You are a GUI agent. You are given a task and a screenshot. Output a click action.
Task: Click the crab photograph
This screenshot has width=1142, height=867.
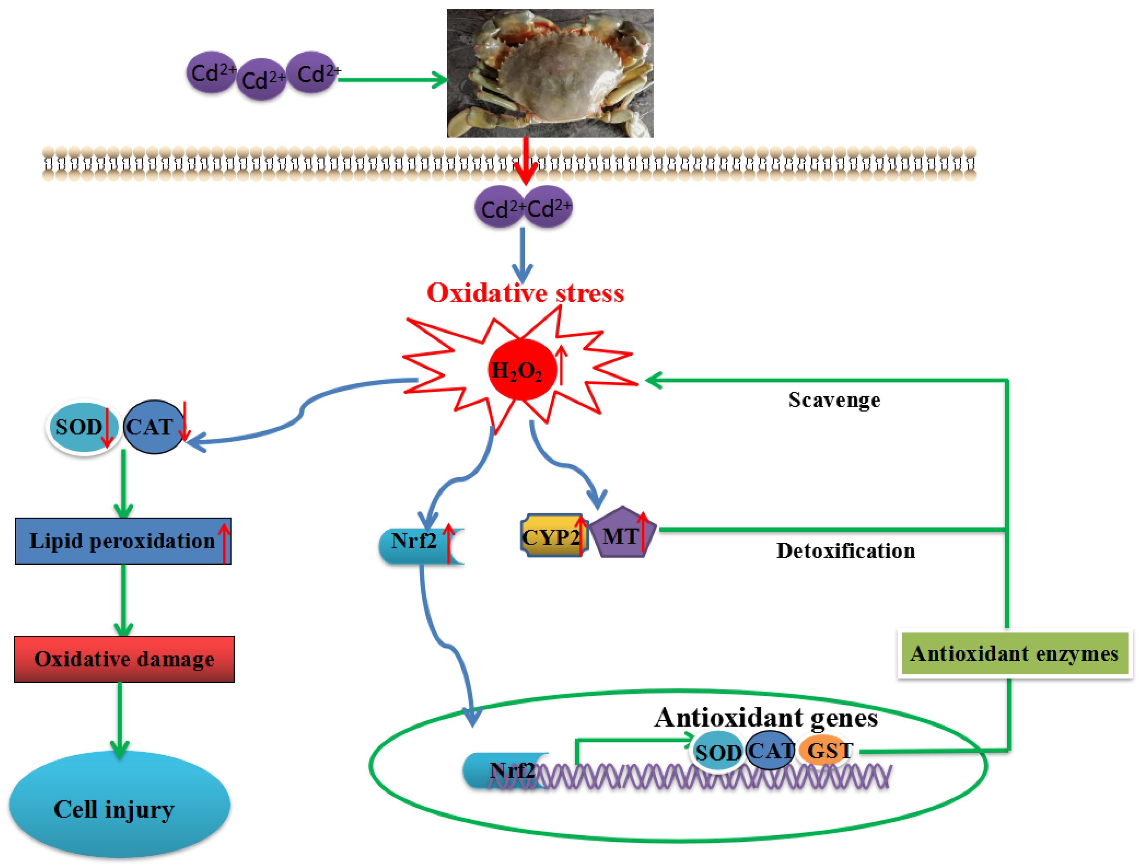(550, 73)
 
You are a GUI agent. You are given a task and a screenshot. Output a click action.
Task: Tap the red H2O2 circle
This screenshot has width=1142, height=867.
(522, 370)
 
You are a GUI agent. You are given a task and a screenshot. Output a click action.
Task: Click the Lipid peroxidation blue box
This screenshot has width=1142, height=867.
(123, 541)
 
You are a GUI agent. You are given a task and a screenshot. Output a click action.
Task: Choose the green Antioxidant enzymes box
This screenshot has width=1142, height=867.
(1014, 654)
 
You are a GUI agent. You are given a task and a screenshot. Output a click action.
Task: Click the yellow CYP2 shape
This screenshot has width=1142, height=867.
(554, 536)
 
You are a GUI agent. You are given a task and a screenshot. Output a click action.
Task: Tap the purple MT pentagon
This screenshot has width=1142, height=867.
(623, 532)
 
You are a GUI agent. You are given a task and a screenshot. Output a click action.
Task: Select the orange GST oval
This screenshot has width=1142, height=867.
(826, 750)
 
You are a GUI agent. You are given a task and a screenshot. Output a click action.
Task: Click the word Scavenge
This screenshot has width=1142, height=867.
(834, 400)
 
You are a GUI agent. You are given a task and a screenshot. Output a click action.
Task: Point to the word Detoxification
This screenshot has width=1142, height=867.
(846, 551)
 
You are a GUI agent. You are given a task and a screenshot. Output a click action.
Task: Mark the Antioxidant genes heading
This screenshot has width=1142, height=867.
(766, 718)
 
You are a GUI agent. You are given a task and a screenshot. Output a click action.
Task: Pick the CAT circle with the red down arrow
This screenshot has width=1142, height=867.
(154, 427)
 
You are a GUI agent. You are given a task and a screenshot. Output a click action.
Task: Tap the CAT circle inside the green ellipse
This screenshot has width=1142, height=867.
(770, 750)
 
